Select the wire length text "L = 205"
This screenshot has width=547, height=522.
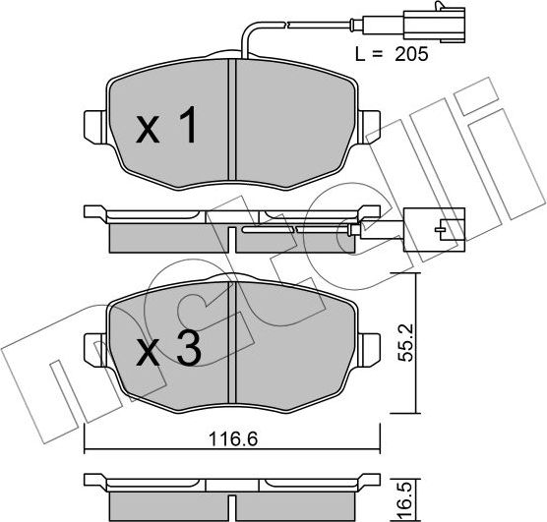tap(392, 56)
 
